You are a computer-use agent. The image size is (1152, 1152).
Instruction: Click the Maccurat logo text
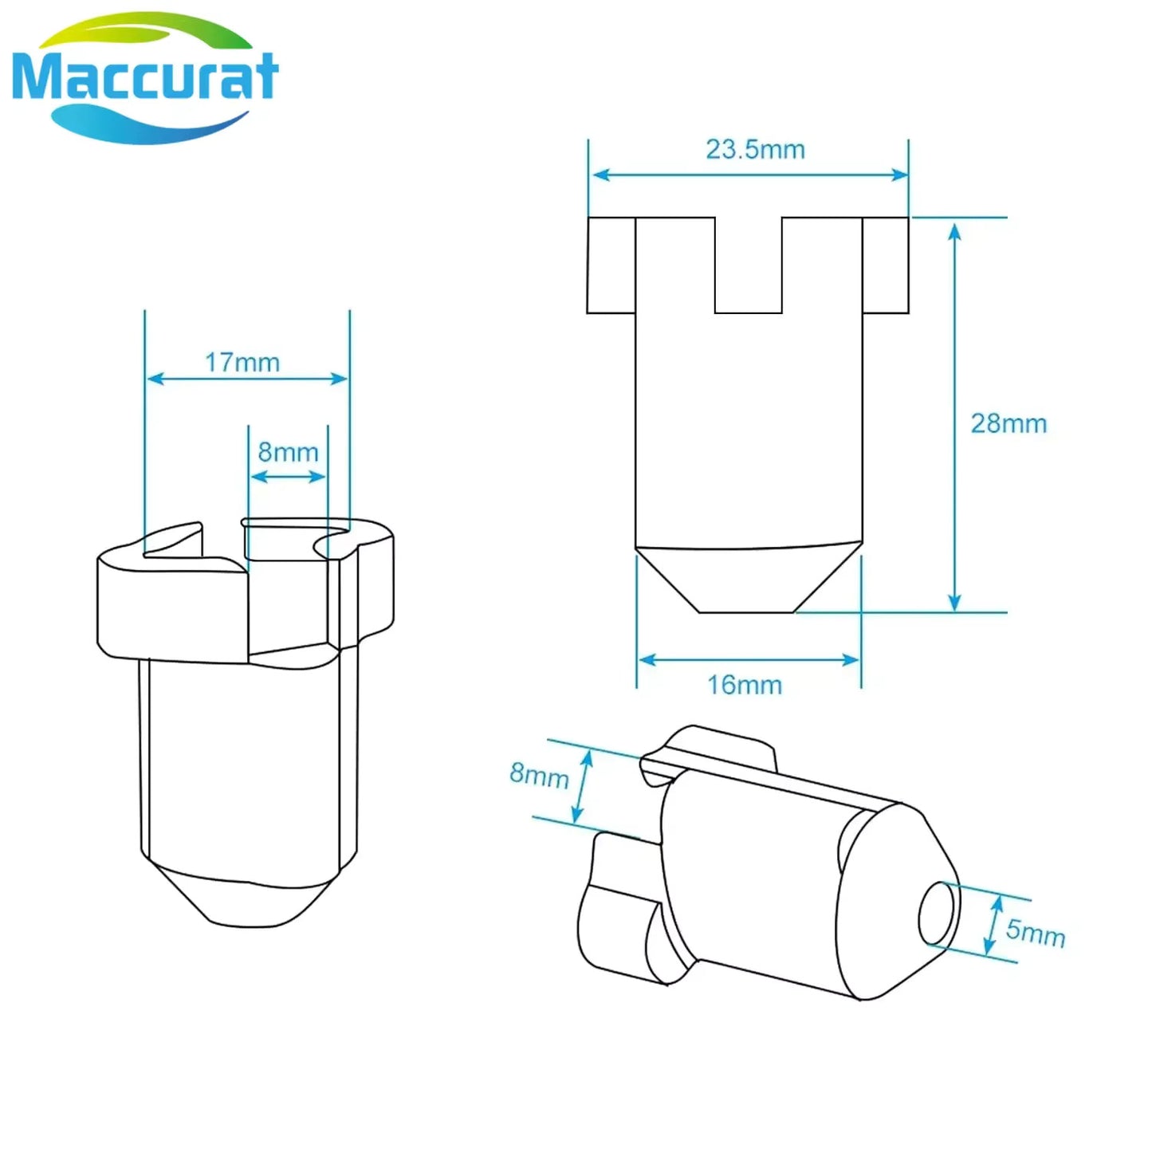145,76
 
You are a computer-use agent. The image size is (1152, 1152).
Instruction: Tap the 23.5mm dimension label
755,149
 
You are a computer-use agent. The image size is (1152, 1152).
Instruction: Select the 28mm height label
1008,424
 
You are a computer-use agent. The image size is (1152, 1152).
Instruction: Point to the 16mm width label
745,685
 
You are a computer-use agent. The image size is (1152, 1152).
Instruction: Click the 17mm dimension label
242,363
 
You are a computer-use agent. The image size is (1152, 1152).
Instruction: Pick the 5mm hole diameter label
1036,932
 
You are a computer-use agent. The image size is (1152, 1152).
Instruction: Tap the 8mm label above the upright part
288,452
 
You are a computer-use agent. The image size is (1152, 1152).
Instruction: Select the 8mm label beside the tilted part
539,776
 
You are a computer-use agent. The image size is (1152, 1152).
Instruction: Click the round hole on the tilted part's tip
938,914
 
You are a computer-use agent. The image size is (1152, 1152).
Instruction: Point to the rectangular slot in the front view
749,265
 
